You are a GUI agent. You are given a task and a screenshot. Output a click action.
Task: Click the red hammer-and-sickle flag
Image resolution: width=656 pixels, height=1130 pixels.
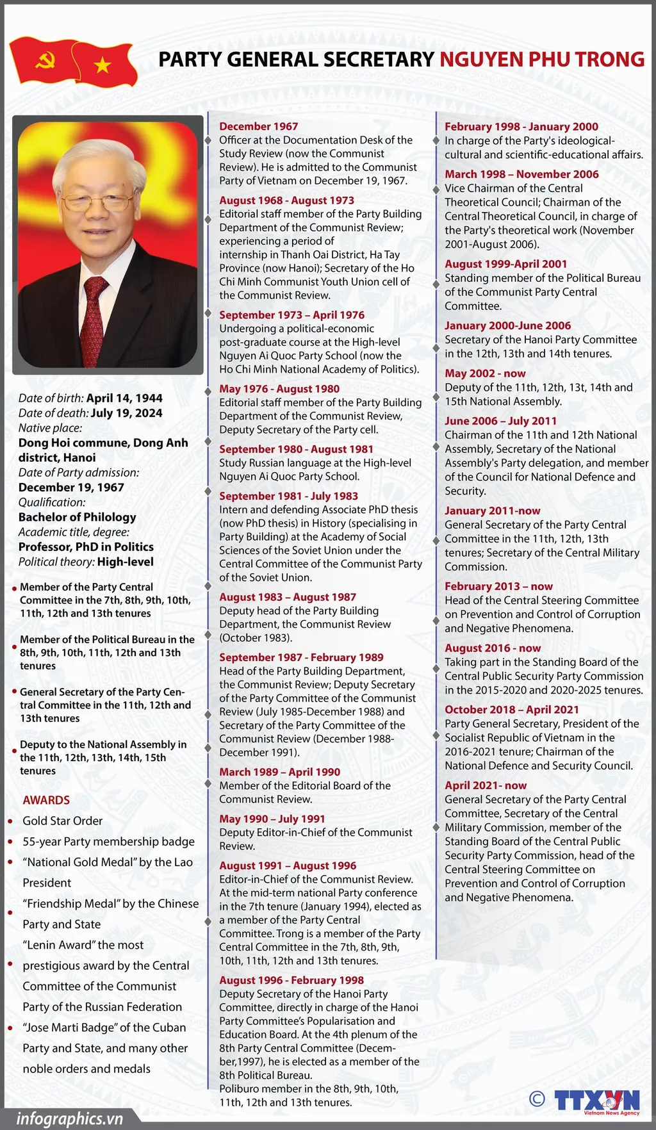point(44,61)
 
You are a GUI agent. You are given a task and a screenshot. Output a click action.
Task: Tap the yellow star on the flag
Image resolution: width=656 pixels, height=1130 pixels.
point(102,65)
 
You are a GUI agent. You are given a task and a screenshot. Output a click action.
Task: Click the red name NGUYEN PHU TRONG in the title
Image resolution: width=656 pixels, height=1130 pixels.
point(541,60)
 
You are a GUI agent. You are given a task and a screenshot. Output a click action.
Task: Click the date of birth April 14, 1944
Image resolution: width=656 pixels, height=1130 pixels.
point(124,398)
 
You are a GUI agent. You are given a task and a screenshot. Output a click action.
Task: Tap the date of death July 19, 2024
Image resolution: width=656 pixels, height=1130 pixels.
point(126,413)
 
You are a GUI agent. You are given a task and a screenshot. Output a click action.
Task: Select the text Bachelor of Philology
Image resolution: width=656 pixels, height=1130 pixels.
point(78,517)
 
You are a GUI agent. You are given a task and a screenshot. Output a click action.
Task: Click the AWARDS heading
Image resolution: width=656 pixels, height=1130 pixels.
point(46,800)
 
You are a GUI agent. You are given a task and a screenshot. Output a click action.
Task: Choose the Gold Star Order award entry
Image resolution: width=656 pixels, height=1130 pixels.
point(63,821)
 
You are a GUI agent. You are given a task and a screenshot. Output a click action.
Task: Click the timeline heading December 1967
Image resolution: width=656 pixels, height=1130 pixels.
point(259,126)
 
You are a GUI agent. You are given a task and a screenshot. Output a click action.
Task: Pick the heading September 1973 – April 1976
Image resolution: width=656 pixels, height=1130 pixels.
point(291,315)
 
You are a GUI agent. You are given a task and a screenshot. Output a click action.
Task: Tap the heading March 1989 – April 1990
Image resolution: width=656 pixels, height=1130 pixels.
point(279,772)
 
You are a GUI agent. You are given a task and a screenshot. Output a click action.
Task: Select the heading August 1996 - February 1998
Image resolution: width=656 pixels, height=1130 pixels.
point(291,980)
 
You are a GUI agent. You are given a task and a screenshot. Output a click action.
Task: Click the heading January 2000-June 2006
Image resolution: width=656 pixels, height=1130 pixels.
point(507,325)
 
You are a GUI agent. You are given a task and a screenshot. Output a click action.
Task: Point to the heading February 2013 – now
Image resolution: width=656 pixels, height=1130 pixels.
point(498,586)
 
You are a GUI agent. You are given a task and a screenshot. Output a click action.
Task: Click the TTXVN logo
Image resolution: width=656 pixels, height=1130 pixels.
point(597,1099)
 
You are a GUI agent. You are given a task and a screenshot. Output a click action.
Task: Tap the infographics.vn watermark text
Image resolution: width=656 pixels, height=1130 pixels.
point(69,1118)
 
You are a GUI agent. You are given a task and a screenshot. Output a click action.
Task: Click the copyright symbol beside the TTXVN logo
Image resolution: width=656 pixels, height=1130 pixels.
point(537,1098)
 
